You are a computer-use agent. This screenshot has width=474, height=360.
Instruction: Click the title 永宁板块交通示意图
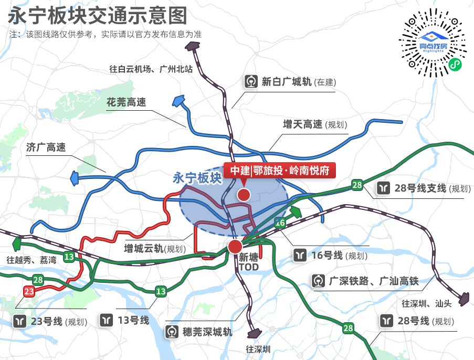click(x=97, y=16)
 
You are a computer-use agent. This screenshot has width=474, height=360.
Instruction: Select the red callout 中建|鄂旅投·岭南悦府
click(x=279, y=171)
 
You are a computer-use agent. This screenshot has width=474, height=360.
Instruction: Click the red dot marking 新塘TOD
click(x=235, y=246)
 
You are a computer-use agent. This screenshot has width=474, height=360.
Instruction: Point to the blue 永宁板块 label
click(x=197, y=178)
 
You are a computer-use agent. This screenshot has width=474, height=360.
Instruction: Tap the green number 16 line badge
click(x=280, y=223)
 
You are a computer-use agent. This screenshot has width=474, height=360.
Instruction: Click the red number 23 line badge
click(x=29, y=292)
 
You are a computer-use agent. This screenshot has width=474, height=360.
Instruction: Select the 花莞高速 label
click(x=126, y=103)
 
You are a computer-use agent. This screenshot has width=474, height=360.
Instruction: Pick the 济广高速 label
click(x=46, y=147)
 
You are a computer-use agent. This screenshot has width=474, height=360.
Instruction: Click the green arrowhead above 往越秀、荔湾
click(x=17, y=244)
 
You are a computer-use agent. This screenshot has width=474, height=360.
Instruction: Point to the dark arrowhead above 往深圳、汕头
click(x=465, y=300)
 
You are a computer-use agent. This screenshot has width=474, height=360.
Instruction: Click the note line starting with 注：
click(x=105, y=34)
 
